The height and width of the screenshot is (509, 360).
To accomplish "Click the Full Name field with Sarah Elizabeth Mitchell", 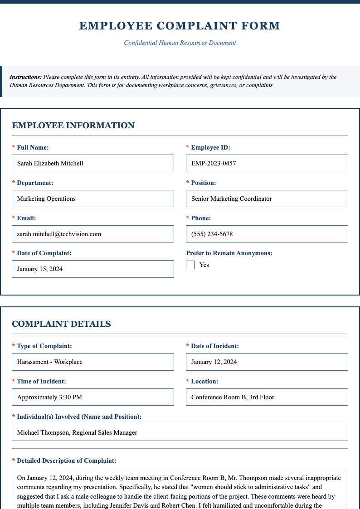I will tap(93, 163).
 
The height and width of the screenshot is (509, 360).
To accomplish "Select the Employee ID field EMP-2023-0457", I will tap(267, 163).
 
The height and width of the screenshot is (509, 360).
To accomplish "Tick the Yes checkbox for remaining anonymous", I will tap(190, 265).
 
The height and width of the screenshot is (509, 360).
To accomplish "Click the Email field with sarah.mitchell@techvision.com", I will tap(93, 234).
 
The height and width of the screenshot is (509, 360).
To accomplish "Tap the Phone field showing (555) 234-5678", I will tap(267, 234).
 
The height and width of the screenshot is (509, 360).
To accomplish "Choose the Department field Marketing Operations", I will tap(93, 199).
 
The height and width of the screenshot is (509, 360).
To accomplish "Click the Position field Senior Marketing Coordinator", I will tap(267, 199).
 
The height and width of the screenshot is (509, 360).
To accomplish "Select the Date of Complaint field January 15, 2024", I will tap(93, 269).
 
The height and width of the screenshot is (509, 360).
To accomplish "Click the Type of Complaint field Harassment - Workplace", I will tap(93, 362).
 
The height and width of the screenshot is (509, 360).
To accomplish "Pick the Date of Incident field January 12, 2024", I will tap(267, 362).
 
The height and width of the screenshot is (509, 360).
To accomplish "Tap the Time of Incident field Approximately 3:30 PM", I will tap(93, 397).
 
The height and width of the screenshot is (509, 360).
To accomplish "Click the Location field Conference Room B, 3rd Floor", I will tap(267, 397).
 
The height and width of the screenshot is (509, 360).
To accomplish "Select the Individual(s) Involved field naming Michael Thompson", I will tap(180, 432).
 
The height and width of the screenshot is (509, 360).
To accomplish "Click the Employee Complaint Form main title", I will tap(180, 26).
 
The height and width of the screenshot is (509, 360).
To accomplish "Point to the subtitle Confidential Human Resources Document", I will tap(180, 43).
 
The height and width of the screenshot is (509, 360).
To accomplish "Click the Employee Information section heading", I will tap(73, 126).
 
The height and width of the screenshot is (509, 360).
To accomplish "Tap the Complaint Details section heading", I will tap(61, 324).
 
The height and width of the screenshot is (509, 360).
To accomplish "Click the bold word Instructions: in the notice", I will tap(26, 77).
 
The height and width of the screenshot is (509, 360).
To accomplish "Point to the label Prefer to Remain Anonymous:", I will tap(229, 253).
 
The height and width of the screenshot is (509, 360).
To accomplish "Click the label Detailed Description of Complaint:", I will tap(66, 461).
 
